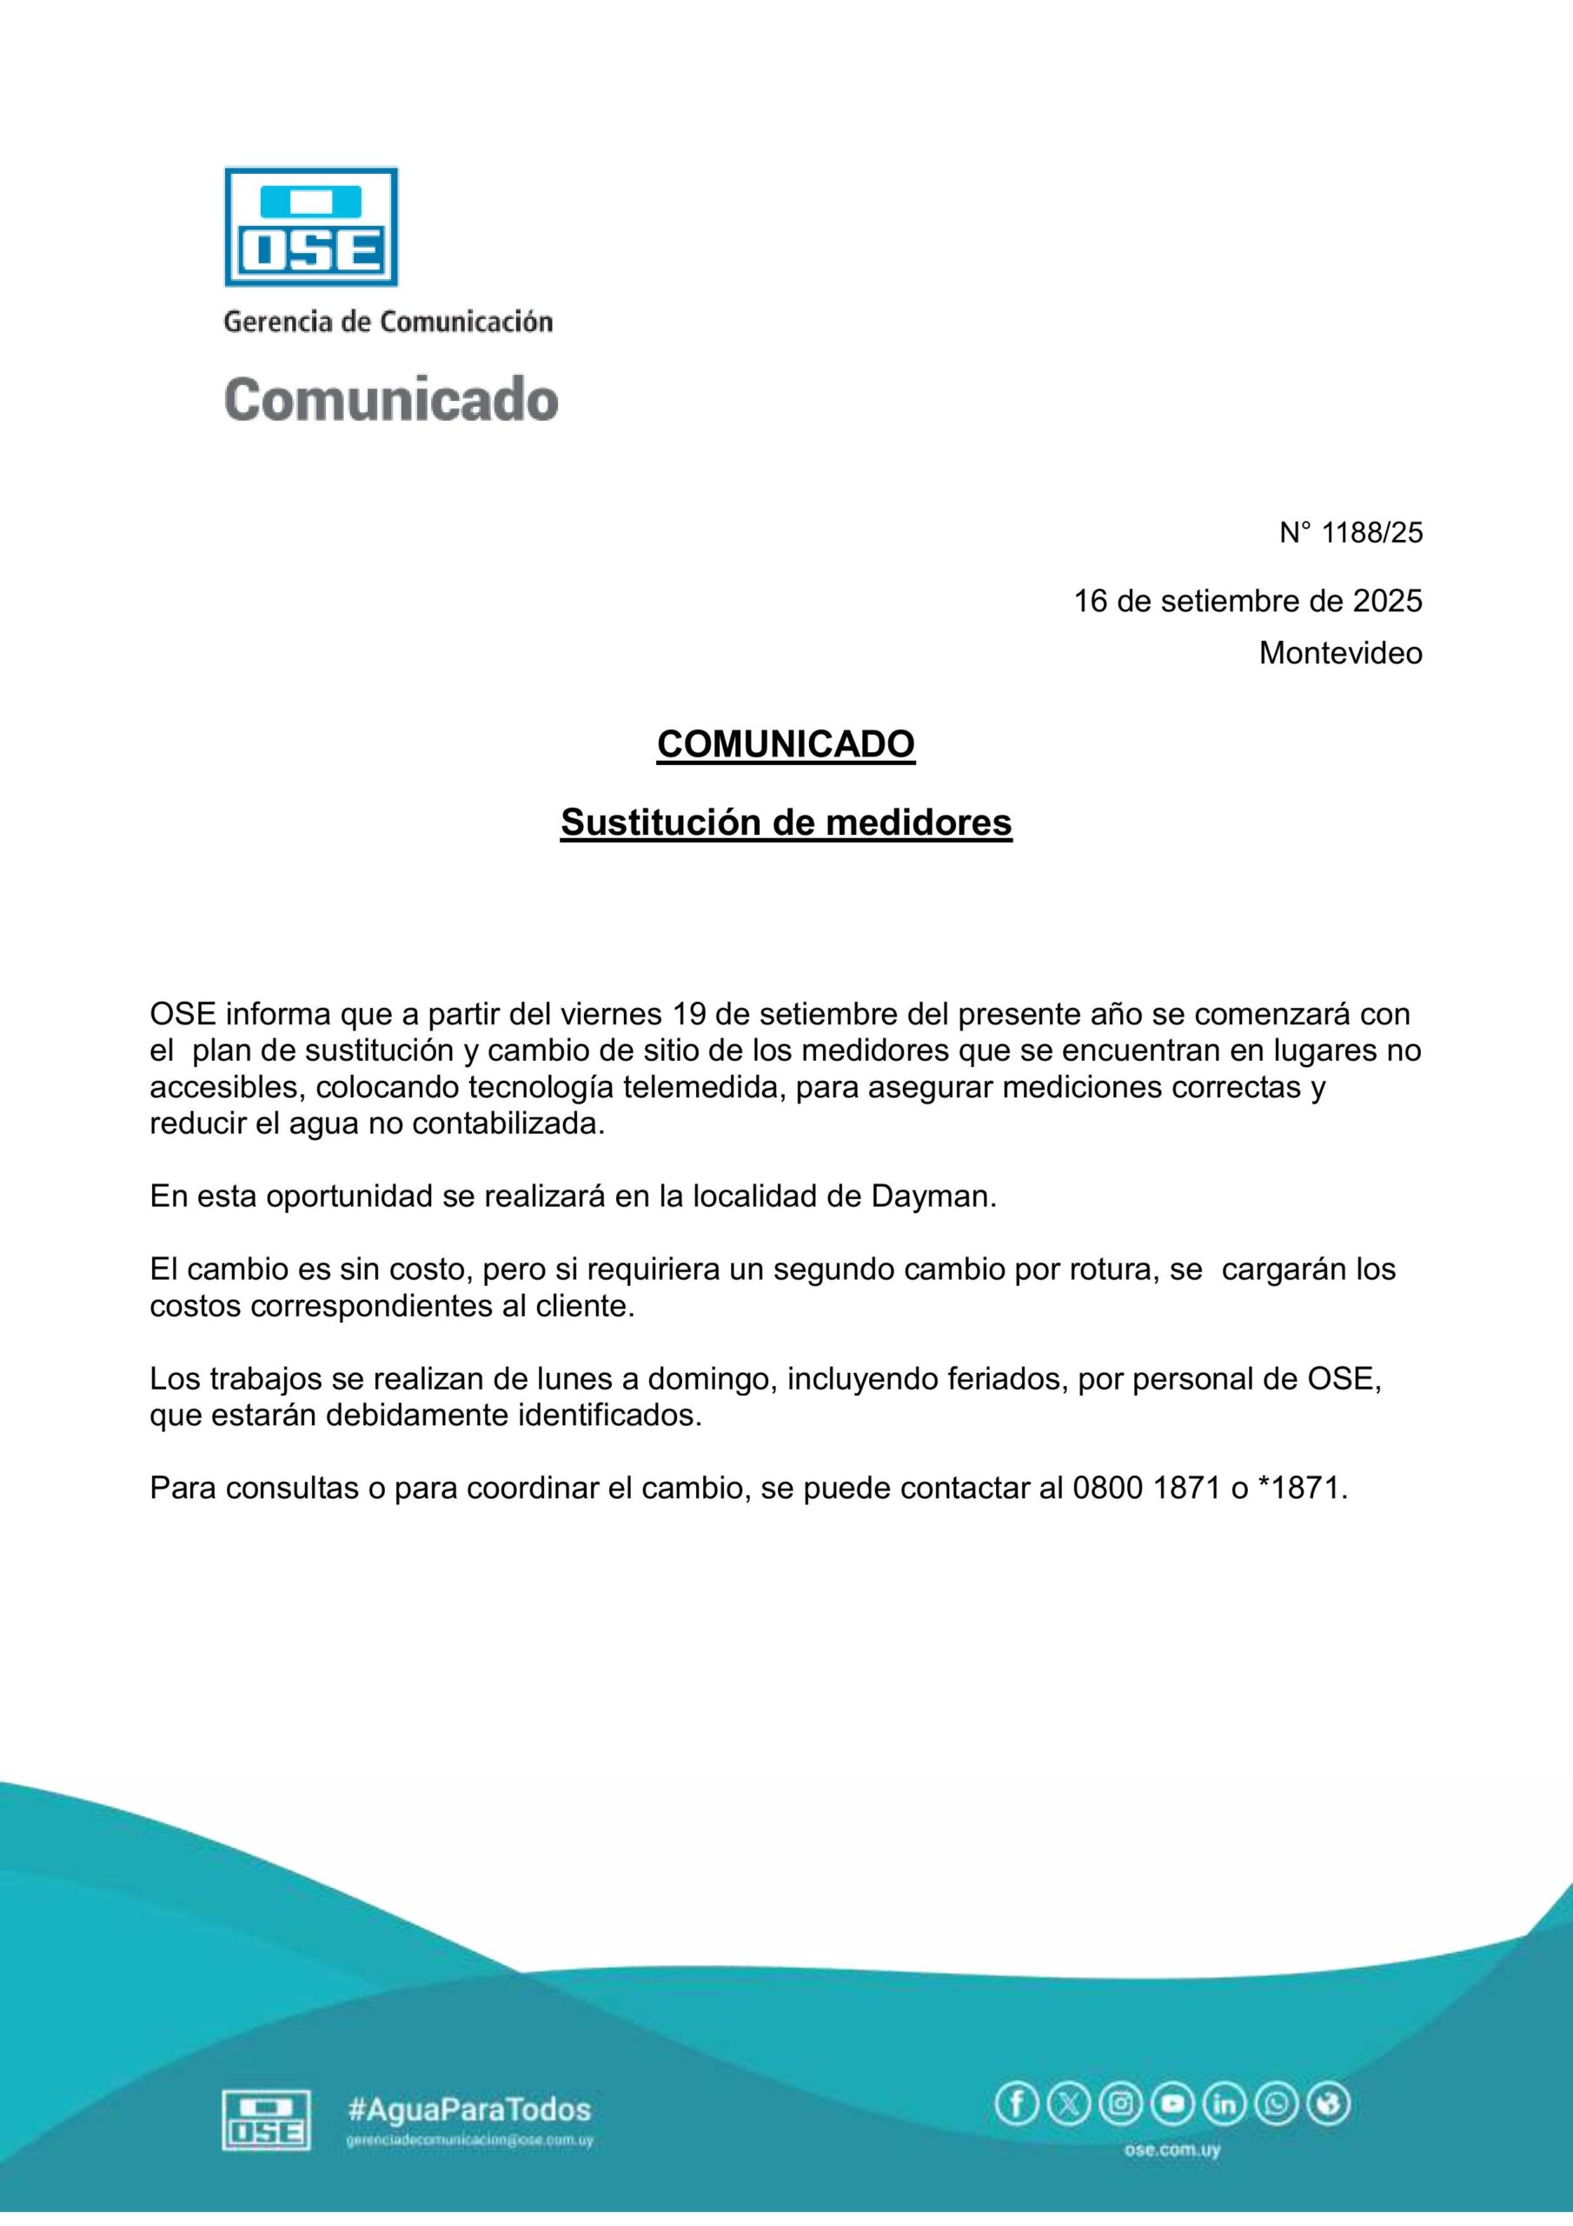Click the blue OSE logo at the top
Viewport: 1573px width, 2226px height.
pyautogui.click(x=311, y=226)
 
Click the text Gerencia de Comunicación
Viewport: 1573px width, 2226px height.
pyautogui.click(x=388, y=322)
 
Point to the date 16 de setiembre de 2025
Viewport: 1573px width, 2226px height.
pyautogui.click(x=1247, y=601)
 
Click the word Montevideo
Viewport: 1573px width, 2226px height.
pyautogui.click(x=1340, y=653)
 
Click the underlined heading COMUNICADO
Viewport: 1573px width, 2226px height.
pyautogui.click(x=785, y=743)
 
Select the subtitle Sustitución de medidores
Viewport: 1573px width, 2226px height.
pyautogui.click(x=785, y=823)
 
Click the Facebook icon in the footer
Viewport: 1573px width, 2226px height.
pyautogui.click(x=1017, y=2104)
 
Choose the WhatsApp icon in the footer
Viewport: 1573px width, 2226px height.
pyautogui.click(x=1277, y=2104)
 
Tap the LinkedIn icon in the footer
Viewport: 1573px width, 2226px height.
pyautogui.click(x=1225, y=2104)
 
